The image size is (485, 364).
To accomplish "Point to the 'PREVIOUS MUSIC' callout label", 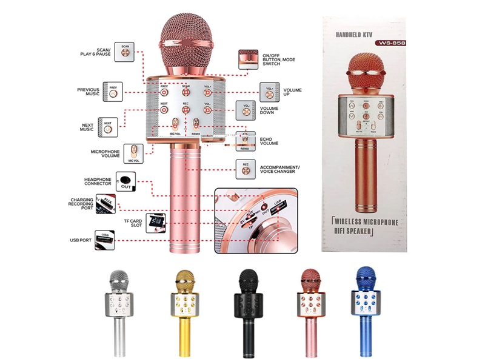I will point(88,92).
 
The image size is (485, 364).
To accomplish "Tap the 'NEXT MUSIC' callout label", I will point(87,127).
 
